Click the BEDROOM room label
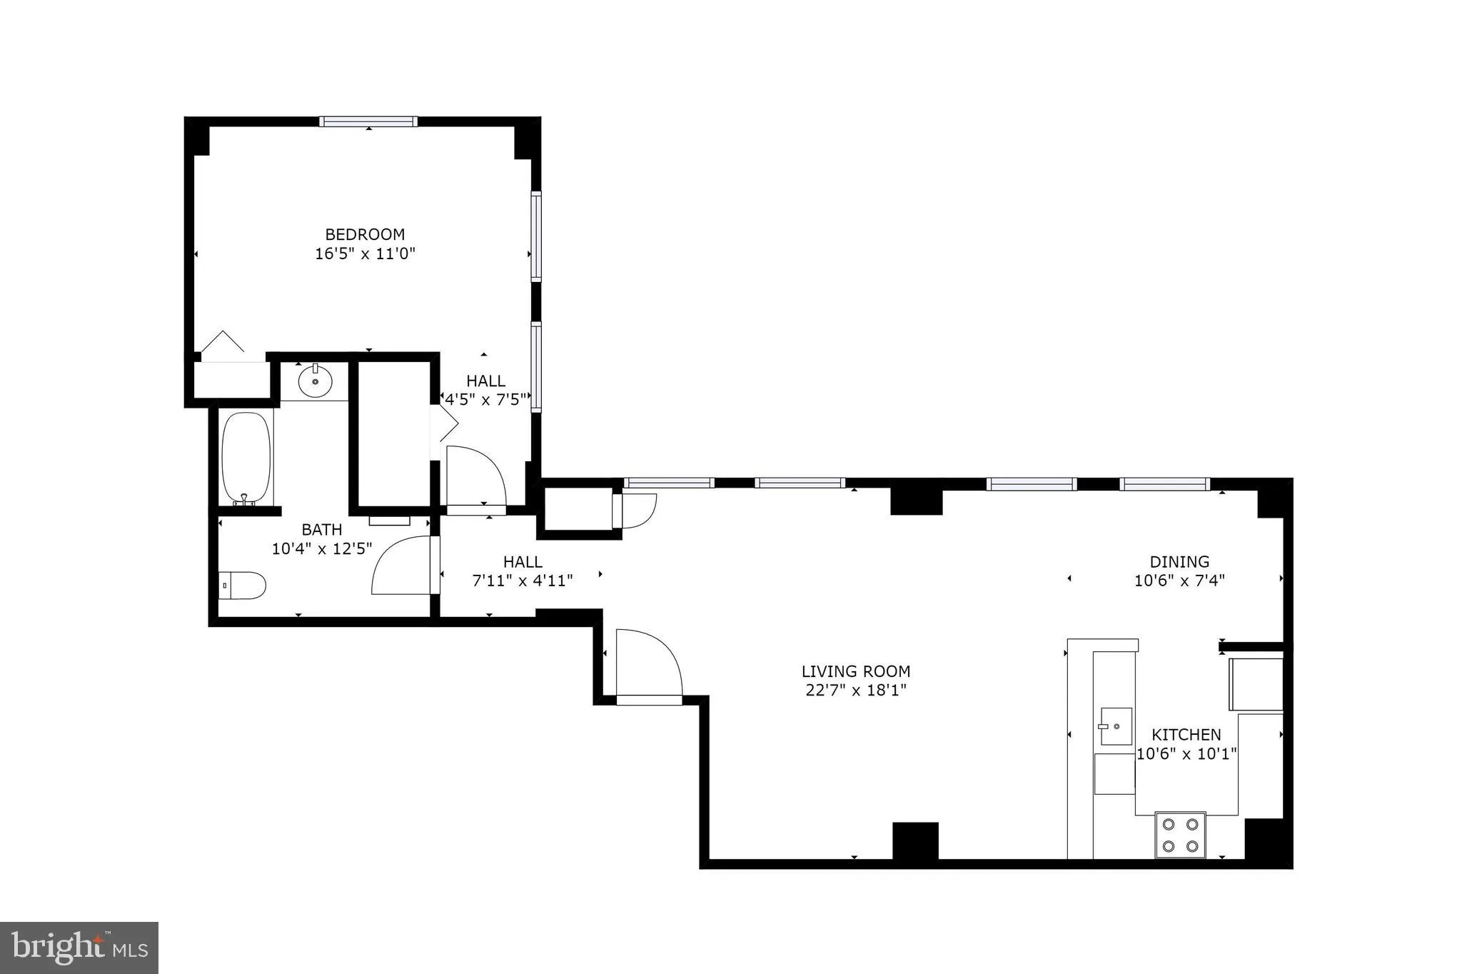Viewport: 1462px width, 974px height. tap(365, 234)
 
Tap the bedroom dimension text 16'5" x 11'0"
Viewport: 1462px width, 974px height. tap(365, 253)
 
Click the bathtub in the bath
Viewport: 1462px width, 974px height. tap(246, 458)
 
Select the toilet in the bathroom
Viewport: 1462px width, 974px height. tap(243, 585)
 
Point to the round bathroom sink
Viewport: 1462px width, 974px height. tap(315, 381)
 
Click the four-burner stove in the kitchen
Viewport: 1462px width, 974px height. tap(1180, 835)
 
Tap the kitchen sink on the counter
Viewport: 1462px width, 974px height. tap(1115, 726)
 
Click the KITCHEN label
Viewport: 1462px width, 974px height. tap(1186, 734)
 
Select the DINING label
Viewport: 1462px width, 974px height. tap(1179, 561)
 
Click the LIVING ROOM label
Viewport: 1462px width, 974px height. tap(856, 671)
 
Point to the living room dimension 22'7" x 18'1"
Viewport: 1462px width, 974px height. tap(856, 690)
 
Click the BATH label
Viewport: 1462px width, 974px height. tap(321, 529)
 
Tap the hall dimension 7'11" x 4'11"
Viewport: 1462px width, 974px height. tap(523, 581)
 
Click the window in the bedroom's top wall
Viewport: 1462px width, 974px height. tap(368, 121)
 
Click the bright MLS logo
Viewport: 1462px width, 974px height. tap(79, 948)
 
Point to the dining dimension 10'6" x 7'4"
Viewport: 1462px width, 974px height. tap(1179, 581)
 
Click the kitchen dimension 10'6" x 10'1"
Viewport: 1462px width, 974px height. tap(1186, 753)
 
